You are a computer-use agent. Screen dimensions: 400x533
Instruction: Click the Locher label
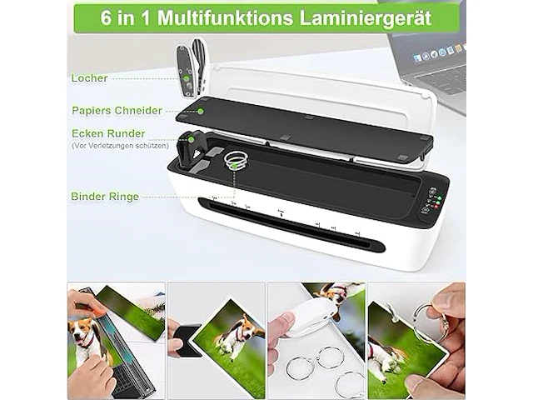click(x=89, y=78)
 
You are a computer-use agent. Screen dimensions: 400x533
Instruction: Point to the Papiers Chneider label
click(x=117, y=110)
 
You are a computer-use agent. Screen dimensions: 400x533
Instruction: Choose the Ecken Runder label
click(x=108, y=133)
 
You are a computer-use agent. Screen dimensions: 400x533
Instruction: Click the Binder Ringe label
click(x=105, y=197)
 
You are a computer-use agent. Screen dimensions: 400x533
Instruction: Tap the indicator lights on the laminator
click(x=431, y=201)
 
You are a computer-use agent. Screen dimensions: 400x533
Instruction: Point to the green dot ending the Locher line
click(x=187, y=78)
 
